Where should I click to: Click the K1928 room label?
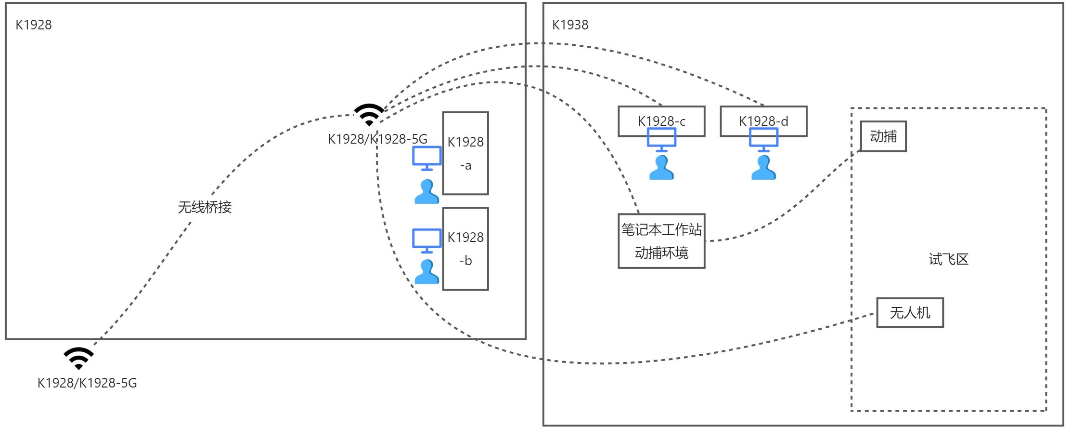tap(34, 25)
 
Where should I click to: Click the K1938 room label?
tap(570, 25)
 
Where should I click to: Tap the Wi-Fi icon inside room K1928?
tap(369, 115)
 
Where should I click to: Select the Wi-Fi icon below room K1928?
tap(79, 359)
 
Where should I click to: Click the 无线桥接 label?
tap(205, 207)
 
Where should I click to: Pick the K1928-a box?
tap(465, 153)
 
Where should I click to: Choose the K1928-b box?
tap(465, 249)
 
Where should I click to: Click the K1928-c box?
tap(662, 121)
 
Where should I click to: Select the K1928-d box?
tap(763, 121)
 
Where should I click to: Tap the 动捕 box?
tap(883, 136)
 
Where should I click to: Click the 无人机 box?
tap(910, 313)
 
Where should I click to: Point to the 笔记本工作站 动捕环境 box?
tap(662, 241)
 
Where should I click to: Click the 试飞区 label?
tap(948, 259)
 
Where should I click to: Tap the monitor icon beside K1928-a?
tap(427, 158)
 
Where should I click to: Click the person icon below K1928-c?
tap(661, 167)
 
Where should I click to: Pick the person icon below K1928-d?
tap(763, 167)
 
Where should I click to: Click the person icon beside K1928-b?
tap(426, 271)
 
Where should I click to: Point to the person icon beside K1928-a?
tap(426, 191)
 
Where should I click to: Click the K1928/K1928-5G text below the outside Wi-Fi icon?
tap(87, 383)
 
